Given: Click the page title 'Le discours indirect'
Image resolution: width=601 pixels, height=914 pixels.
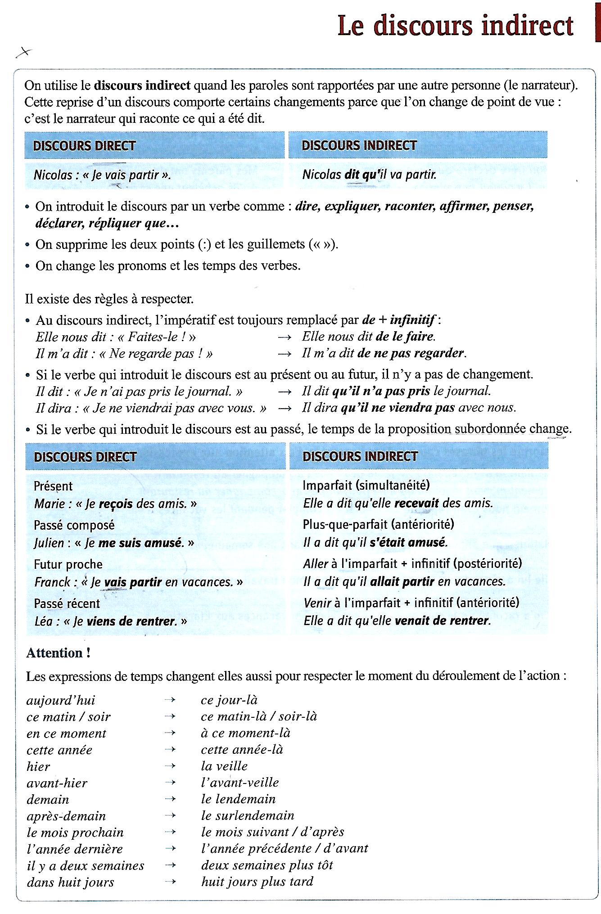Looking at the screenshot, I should coord(455,26).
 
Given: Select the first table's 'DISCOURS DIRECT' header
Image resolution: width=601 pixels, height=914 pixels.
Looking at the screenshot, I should coord(85,146).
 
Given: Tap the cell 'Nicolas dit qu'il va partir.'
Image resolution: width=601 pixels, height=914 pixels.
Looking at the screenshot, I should coord(370,175).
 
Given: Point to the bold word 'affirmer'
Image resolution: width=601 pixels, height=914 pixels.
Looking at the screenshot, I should coord(465,207).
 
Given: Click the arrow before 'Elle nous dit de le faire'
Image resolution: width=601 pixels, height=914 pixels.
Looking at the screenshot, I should coord(285,337).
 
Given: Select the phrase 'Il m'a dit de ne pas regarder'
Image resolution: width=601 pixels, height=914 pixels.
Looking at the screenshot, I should coord(384,353).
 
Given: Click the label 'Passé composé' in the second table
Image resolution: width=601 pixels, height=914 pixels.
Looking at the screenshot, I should coord(74,525).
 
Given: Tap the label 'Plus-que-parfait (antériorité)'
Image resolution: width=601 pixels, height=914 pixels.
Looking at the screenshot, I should coord(378,524).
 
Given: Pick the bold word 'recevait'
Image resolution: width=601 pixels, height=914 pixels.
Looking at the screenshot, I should coord(416,503).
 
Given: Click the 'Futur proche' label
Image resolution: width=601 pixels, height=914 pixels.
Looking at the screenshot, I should coord(68,564).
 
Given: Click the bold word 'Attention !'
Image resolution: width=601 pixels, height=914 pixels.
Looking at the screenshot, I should coord(59,653).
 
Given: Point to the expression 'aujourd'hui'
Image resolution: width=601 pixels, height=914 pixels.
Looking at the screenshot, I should coord(61,701).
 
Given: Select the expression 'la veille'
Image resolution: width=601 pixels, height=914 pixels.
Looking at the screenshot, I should coord(224,766).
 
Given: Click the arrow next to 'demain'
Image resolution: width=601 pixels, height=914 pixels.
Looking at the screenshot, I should coord(170,799).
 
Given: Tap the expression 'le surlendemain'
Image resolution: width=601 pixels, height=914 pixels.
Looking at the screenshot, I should coord(248,815).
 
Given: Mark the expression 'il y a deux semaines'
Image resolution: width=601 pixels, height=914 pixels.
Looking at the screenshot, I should coord(86,866).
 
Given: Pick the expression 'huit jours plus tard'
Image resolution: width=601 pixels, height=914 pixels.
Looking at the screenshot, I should coord(257,882).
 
